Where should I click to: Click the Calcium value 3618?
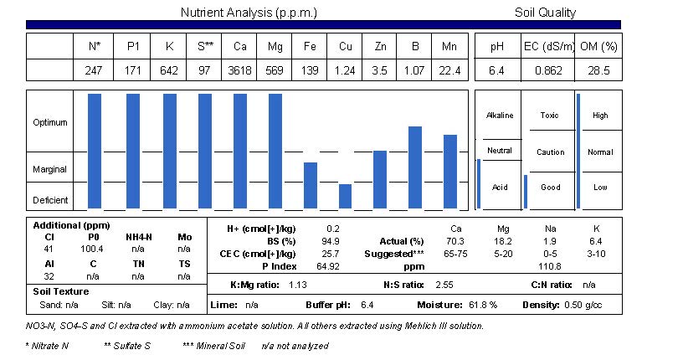[239, 71]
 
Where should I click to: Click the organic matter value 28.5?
[599, 71]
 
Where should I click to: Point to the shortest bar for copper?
[346, 196]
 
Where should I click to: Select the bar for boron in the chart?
[414, 167]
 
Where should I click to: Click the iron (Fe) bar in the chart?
[311, 185]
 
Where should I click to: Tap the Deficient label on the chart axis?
[50, 200]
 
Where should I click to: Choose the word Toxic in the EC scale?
[550, 116]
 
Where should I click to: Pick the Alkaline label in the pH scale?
[500, 116]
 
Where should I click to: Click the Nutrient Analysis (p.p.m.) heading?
[249, 13]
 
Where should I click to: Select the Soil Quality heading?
[545, 13]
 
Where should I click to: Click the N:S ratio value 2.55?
[444, 285]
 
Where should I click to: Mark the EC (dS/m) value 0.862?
[549, 71]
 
